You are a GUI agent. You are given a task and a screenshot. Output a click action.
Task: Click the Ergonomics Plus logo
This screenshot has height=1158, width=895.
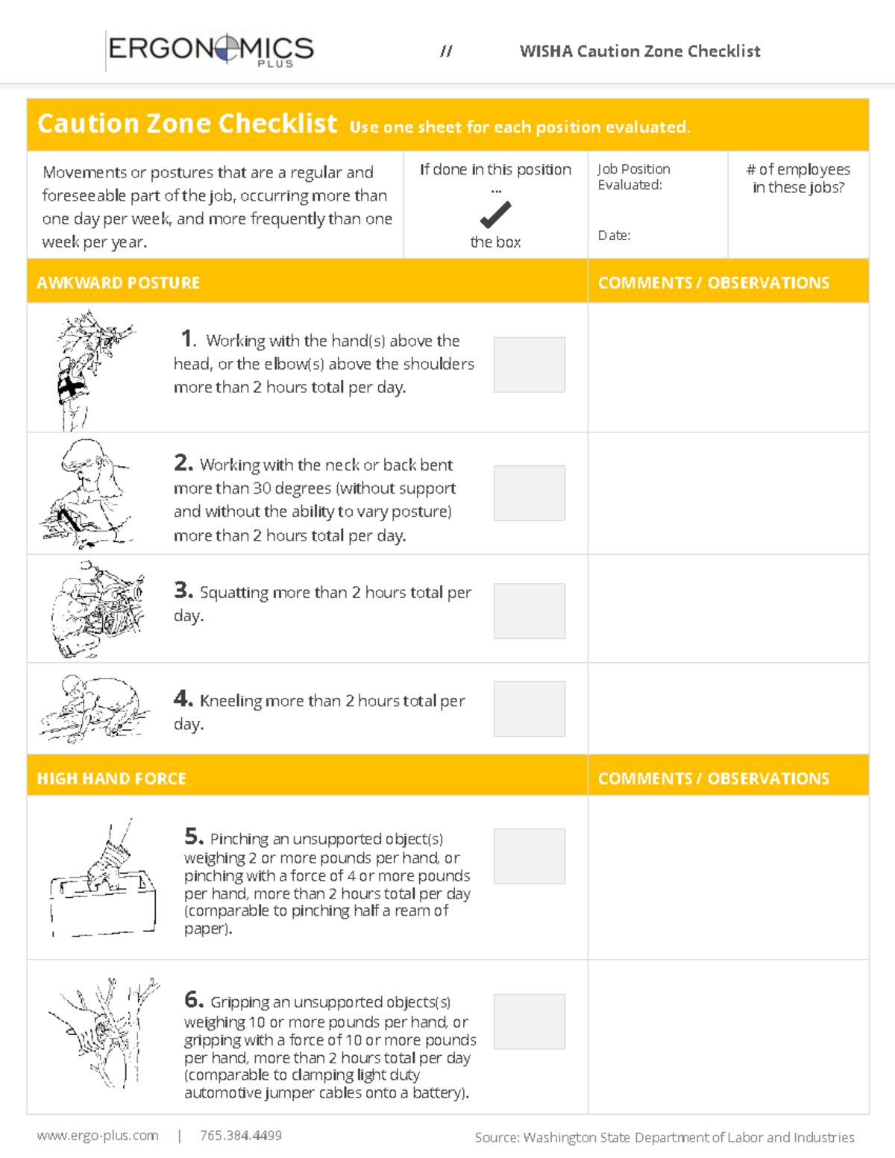click(x=210, y=50)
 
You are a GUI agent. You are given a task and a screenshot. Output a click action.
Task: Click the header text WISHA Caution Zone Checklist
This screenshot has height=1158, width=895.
click(x=640, y=51)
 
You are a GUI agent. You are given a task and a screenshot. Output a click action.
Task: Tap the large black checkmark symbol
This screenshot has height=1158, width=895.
click(x=495, y=215)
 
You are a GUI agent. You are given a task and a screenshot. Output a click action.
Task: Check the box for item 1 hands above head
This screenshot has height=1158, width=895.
click(x=529, y=365)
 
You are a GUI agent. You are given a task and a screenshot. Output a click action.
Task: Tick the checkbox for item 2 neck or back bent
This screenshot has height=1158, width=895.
click(x=529, y=493)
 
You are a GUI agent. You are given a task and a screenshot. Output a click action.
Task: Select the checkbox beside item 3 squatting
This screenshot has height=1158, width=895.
click(x=529, y=611)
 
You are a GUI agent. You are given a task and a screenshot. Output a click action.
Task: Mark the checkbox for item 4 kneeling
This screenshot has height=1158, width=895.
click(x=529, y=708)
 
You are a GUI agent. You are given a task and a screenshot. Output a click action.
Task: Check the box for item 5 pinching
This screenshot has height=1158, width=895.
click(x=529, y=856)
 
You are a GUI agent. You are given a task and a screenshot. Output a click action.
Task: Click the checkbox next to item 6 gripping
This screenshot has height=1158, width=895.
click(x=529, y=1022)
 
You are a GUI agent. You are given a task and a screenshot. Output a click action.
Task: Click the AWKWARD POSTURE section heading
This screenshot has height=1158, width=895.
click(x=119, y=283)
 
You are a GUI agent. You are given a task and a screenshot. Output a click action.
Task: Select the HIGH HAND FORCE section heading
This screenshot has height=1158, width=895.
click(x=112, y=778)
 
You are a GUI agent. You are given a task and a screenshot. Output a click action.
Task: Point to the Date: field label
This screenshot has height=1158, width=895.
click(x=614, y=236)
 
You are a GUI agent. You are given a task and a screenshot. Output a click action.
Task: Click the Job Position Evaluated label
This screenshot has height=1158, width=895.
click(x=633, y=177)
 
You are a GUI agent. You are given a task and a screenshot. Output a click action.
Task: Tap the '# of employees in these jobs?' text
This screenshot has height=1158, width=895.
click(x=798, y=178)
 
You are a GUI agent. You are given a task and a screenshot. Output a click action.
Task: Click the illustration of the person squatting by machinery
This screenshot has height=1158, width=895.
click(x=97, y=609)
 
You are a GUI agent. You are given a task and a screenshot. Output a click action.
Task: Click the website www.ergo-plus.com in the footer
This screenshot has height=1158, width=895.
click(x=98, y=1136)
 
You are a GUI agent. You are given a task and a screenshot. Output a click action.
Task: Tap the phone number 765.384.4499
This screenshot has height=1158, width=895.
click(x=241, y=1136)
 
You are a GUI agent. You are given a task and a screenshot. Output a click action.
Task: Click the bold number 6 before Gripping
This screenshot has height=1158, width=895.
click(x=193, y=999)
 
